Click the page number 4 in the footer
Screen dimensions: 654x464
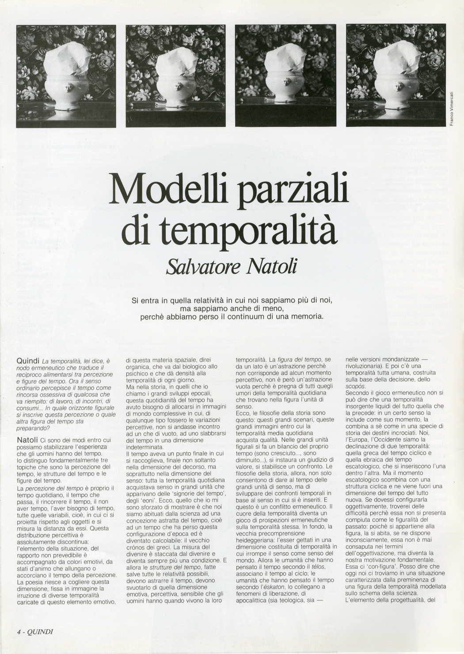coord(19,631)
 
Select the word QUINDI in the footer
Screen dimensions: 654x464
coord(40,631)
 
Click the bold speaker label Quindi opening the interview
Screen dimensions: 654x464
coord(28,361)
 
